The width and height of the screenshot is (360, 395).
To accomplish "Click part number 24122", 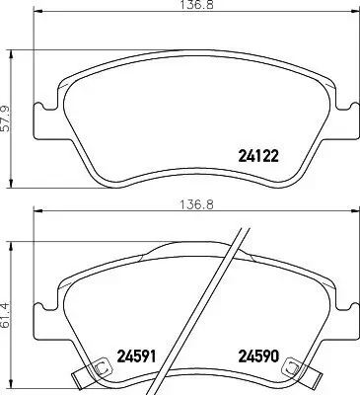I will coord(259,154).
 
